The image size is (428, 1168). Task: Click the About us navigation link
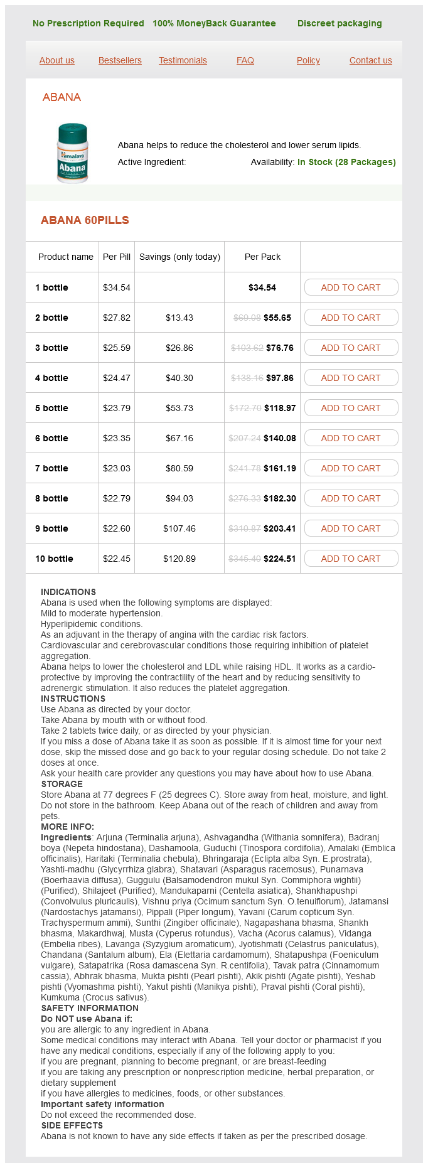[x=57, y=60]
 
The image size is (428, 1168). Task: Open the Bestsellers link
[x=120, y=60]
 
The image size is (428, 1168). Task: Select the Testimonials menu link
[x=183, y=60]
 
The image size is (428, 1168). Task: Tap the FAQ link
[x=245, y=60]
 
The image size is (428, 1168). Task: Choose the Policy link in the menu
[x=308, y=60]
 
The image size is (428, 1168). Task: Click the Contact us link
[x=371, y=60]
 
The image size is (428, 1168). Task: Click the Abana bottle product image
[x=73, y=153]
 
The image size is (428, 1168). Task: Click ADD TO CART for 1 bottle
[x=351, y=287]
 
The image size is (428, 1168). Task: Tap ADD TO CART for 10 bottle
[x=351, y=559]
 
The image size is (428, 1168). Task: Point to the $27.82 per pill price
[x=117, y=318]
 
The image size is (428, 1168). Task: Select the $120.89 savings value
[x=179, y=559]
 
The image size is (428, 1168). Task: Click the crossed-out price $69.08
[x=247, y=318]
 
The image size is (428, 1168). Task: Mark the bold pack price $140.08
[x=280, y=438]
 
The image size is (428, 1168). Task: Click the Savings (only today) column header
[x=179, y=257]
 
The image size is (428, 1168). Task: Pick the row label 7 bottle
[x=51, y=468]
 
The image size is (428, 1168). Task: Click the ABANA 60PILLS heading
[x=85, y=220]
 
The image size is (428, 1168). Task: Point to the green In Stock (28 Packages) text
[x=346, y=162]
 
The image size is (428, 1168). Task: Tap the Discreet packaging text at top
[x=340, y=23]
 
